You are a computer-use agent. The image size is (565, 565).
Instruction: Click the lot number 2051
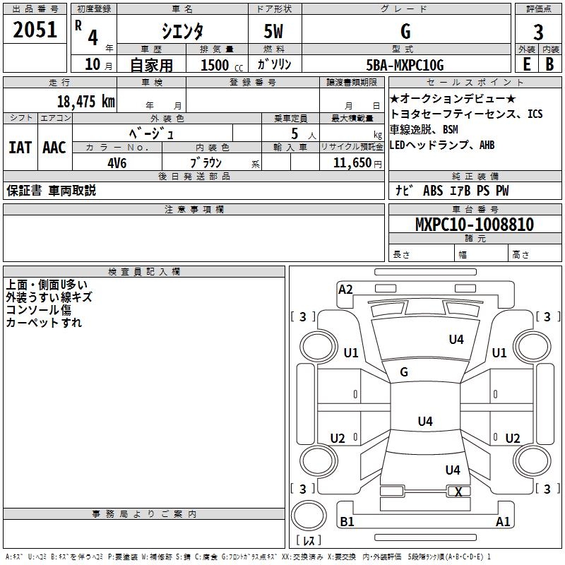[35, 30]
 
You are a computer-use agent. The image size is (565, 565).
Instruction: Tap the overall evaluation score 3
[538, 32]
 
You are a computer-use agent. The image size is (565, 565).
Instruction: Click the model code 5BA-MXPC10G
[405, 65]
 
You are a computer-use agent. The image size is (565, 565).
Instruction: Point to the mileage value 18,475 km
[85, 101]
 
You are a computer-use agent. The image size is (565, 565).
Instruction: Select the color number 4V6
[117, 162]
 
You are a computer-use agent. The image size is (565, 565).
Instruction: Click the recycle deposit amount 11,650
[350, 162]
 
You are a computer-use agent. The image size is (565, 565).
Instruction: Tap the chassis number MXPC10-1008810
[474, 225]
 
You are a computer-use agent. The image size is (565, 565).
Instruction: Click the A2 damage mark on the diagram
[345, 290]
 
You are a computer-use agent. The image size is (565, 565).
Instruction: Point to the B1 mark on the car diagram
[347, 522]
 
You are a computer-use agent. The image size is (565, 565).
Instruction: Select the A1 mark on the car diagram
[502, 522]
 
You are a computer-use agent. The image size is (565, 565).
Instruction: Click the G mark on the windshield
[404, 372]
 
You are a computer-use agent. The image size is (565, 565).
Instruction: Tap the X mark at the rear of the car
[458, 492]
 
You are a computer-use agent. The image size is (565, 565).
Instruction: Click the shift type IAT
[20, 148]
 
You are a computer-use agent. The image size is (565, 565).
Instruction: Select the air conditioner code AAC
[54, 148]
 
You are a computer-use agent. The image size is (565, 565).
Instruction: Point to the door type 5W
[274, 31]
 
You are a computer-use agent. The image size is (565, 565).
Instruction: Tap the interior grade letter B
[549, 64]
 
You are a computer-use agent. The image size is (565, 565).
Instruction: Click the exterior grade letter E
[526, 64]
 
